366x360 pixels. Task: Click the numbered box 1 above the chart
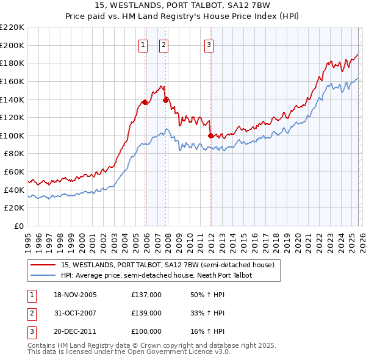click(x=143, y=44)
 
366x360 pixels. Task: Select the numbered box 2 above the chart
click(x=164, y=44)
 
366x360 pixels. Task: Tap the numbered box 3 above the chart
click(x=209, y=44)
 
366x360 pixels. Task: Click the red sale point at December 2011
click(x=210, y=135)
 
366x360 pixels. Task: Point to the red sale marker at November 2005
click(x=145, y=102)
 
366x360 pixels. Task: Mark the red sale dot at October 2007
click(x=166, y=100)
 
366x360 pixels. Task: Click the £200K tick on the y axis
click(x=12, y=45)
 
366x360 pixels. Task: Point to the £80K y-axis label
click(x=14, y=154)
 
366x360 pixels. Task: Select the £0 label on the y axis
click(x=20, y=226)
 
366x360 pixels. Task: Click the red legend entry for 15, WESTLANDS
click(x=168, y=265)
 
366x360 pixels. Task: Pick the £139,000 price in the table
click(x=146, y=313)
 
